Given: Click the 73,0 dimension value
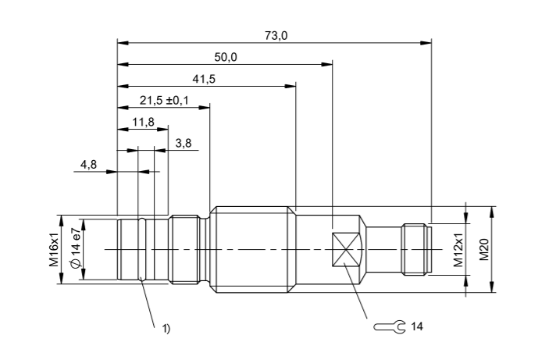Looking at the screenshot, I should tap(273, 34).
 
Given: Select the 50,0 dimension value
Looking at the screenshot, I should tap(226, 56).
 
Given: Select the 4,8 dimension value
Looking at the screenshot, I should tap(88, 165).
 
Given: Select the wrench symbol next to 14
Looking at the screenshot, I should tap(388, 326).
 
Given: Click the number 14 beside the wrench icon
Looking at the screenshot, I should tap(416, 326).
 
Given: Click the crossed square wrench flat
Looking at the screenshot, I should tap(347, 250).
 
